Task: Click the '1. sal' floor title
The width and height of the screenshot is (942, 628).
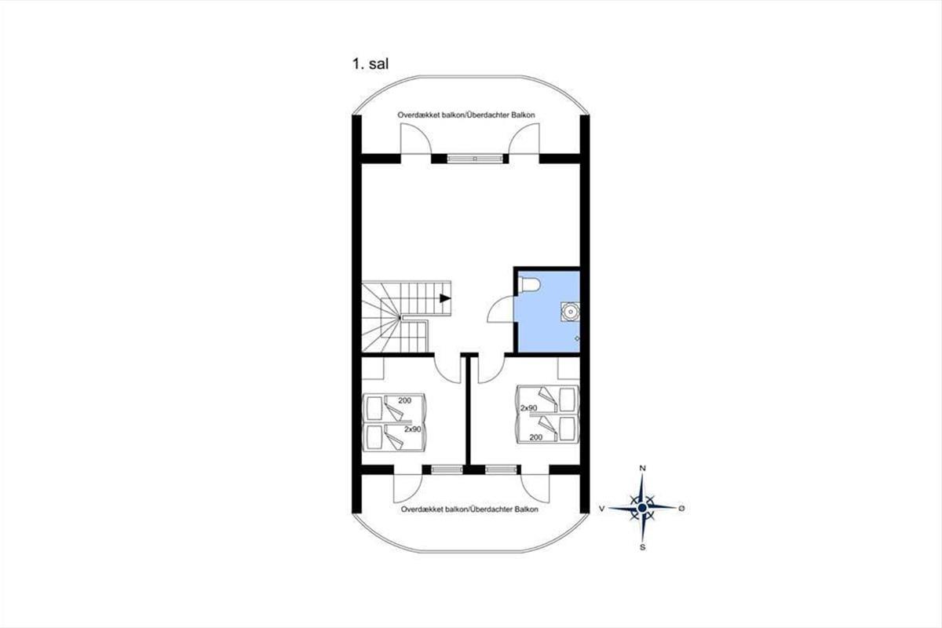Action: click(370, 64)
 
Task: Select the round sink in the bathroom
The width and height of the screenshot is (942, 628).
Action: click(570, 312)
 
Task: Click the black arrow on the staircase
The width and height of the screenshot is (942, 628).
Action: click(445, 298)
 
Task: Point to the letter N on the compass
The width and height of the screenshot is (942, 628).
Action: click(642, 468)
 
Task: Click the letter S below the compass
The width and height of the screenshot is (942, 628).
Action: click(642, 548)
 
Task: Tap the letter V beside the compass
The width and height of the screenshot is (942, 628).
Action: click(602, 509)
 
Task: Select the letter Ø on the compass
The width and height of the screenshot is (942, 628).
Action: click(681, 508)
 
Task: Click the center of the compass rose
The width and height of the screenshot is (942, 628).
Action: click(642, 508)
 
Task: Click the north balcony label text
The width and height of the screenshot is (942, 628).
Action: click(466, 115)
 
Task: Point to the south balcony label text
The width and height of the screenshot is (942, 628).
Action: click(469, 509)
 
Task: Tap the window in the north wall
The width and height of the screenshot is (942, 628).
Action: click(475, 159)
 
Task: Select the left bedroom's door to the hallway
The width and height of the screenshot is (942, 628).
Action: click(449, 369)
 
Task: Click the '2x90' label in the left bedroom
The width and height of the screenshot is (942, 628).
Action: click(413, 429)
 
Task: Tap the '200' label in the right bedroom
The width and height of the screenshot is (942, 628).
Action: click(535, 437)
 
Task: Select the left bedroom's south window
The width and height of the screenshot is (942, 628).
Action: click(447, 469)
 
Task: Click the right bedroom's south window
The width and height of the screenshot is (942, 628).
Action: click(501, 469)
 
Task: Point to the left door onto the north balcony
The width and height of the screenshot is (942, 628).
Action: click(416, 139)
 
